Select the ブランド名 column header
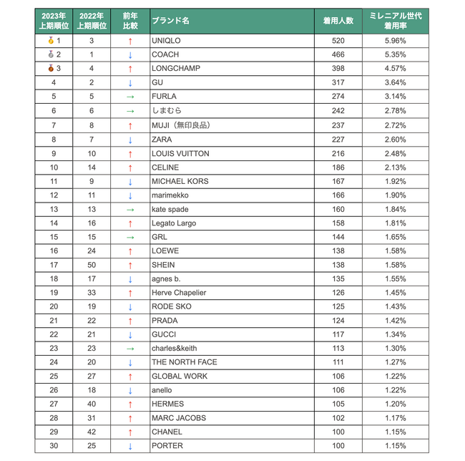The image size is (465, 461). point(170,21)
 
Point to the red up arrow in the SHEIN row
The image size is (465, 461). point(129,265)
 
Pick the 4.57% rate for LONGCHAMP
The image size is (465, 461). point(394,69)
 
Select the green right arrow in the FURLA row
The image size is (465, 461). point(129,97)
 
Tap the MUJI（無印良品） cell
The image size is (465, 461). point(182,125)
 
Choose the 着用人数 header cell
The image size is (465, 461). point(338,21)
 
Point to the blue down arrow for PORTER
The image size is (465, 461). point(129,446)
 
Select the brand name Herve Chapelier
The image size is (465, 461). point(179,293)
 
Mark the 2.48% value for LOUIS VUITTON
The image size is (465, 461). point(394,152)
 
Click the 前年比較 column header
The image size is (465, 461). point(129,21)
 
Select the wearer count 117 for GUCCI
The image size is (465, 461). point(338,334)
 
